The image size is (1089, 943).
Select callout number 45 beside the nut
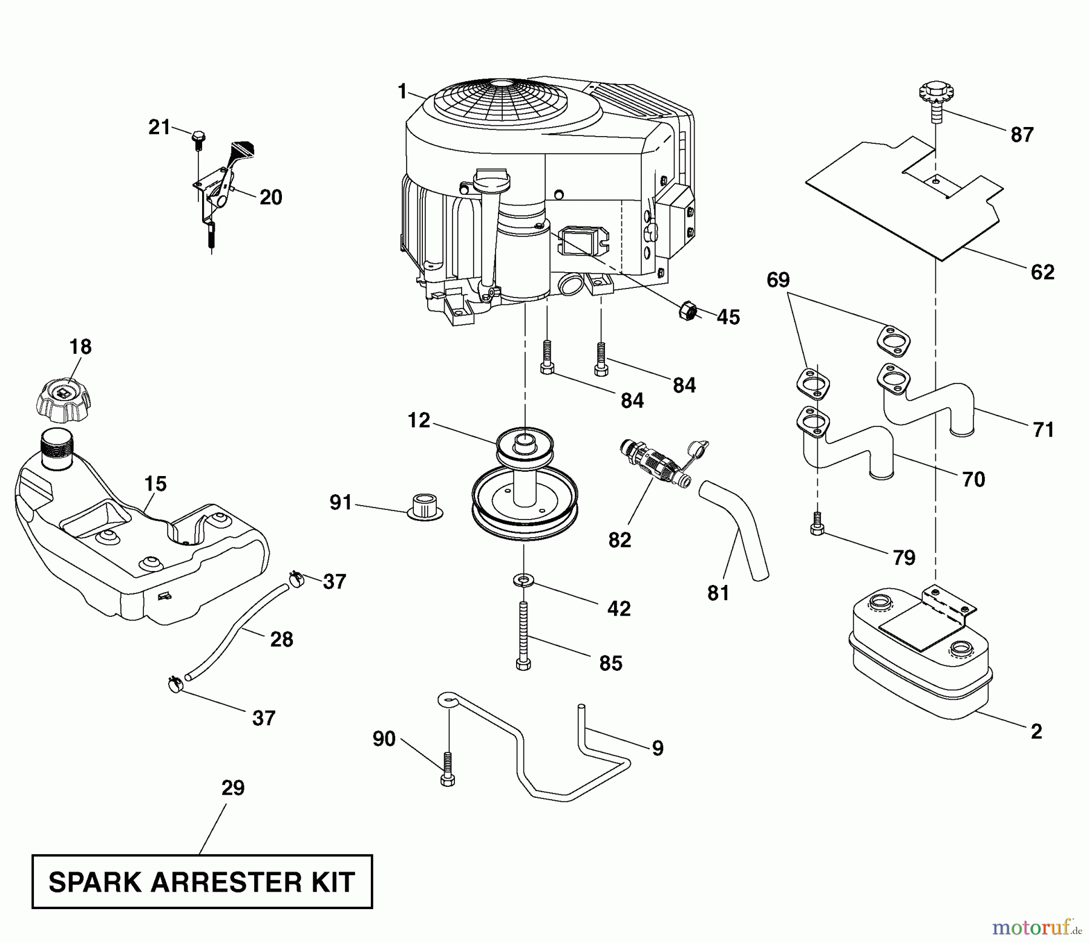[x=728, y=317]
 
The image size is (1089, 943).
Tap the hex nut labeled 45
[x=688, y=311]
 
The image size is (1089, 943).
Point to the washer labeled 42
[x=523, y=581]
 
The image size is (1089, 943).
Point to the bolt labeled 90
[x=448, y=769]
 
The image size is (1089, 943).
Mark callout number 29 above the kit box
[x=233, y=788]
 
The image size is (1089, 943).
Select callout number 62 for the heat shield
[x=1042, y=272]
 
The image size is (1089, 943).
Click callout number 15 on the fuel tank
[x=155, y=484]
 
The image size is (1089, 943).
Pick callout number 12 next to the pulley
[x=419, y=420]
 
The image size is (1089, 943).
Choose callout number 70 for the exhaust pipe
[x=973, y=479]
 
